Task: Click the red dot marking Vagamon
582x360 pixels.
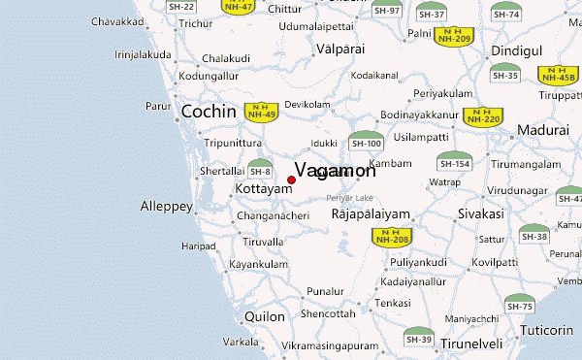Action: coord(292,180)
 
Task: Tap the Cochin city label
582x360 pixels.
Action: coord(209,112)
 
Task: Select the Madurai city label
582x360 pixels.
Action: coord(541,130)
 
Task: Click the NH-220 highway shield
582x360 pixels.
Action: coord(483,116)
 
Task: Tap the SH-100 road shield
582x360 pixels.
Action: coord(366,142)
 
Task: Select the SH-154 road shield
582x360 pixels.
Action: coord(453,161)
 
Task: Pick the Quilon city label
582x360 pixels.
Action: coord(265,316)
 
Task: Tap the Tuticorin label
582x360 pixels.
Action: coord(547,330)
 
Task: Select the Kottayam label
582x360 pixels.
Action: coord(264,188)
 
